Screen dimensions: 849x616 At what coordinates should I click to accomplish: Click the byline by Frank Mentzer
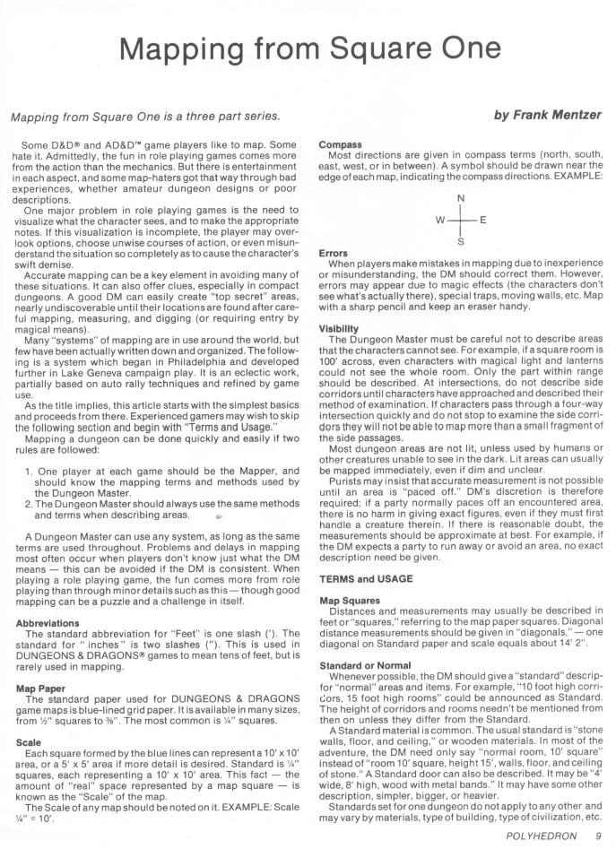546,116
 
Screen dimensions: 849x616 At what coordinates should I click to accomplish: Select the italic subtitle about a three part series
145,117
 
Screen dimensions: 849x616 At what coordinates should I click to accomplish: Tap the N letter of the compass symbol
461,198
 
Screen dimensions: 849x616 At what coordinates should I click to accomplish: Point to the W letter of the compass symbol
439,220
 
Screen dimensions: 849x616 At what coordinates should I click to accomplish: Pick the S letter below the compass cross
461,241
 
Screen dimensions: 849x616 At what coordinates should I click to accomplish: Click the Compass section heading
341,144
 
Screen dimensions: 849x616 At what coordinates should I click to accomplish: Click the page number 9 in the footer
598,835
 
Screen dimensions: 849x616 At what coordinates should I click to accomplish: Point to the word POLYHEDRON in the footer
538,835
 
